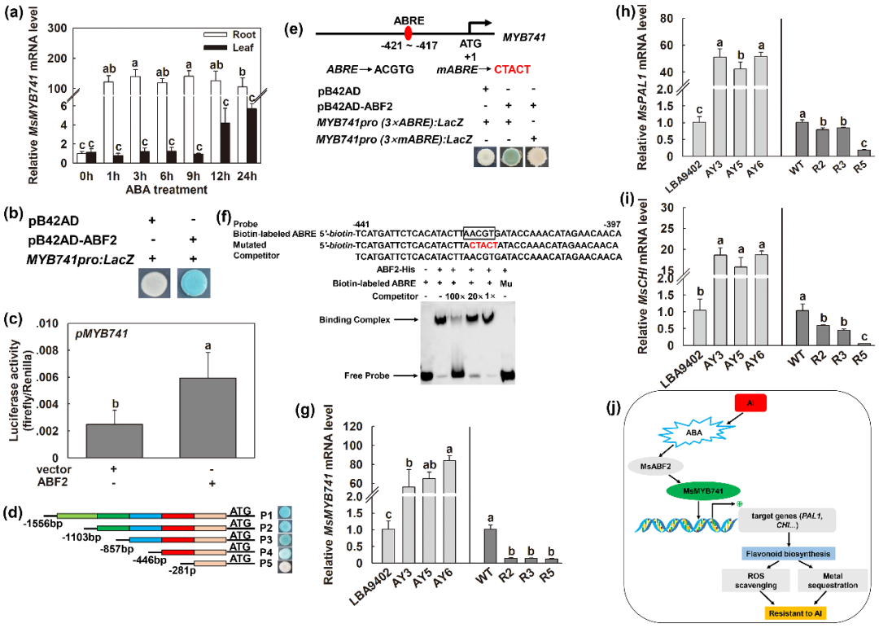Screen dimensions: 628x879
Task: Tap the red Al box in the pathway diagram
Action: click(751, 402)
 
